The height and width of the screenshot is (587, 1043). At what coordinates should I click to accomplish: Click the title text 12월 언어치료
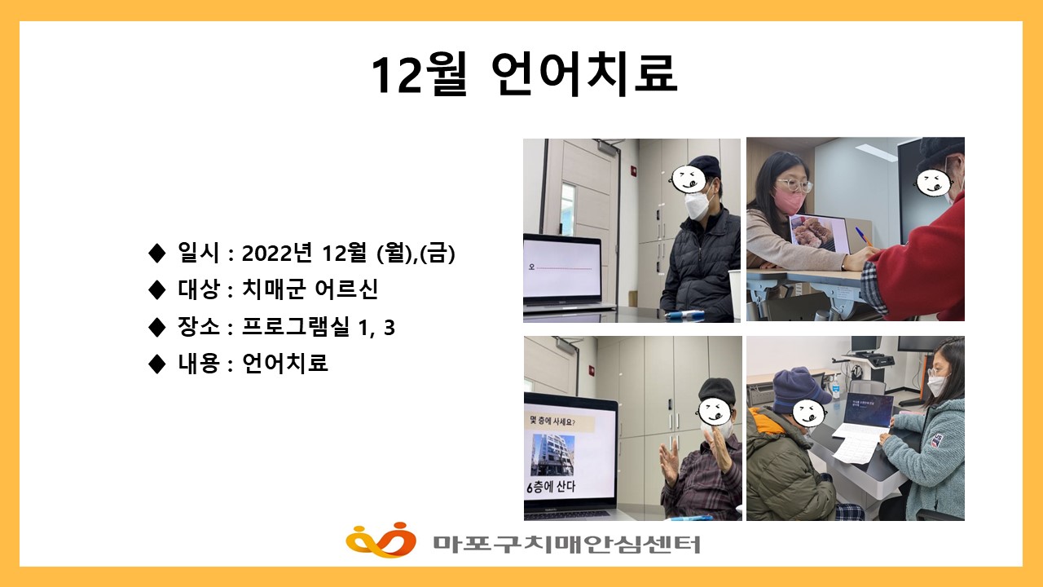523,75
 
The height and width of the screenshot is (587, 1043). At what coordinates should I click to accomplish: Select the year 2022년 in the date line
279,254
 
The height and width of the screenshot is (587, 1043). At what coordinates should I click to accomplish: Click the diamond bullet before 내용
157,364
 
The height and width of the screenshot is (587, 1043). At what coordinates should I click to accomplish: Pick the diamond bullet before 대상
157,289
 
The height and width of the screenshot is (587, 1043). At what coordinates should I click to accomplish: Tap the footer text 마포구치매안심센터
566,543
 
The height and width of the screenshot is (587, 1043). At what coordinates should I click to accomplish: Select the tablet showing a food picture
820,233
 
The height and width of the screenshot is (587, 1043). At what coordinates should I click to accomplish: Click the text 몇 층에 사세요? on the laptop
561,421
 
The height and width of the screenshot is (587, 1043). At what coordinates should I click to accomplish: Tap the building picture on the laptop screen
553,454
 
